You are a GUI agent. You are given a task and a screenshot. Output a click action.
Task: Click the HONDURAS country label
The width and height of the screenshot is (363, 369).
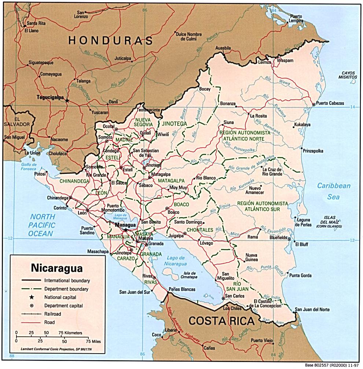pos(110,40)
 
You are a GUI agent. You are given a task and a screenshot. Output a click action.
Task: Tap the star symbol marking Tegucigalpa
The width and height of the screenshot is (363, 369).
pos(67,99)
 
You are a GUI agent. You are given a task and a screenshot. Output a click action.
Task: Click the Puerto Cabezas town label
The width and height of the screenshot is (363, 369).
pos(330,104)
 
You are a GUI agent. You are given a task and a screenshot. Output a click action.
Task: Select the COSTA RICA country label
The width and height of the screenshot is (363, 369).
pos(221,321)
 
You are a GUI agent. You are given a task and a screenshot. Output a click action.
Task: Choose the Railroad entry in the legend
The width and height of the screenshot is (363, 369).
pos(53,314)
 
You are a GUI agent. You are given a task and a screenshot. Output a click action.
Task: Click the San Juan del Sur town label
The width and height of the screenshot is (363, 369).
pos(135,292)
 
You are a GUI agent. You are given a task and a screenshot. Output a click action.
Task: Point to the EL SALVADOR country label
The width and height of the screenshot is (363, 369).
pos(16,122)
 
